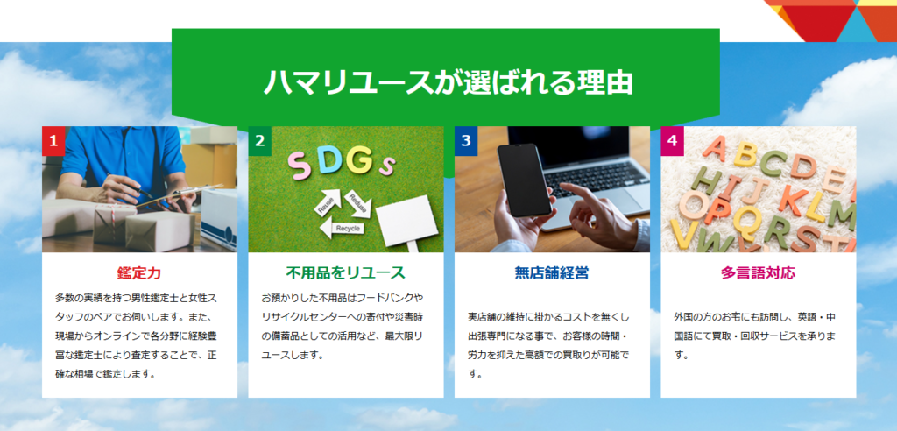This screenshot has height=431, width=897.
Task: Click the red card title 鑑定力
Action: pos(139,273)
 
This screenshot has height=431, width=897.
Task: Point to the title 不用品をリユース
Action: pos(345,273)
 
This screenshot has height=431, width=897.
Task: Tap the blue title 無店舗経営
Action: pos(552,273)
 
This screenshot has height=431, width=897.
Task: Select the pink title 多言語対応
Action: pos(758,273)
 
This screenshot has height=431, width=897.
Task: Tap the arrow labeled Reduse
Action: pos(358,202)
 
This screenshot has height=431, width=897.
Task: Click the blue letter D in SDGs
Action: pos(329,162)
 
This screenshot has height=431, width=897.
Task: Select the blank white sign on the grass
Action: pos(406,221)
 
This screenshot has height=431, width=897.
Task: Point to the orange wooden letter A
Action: pos(715,148)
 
